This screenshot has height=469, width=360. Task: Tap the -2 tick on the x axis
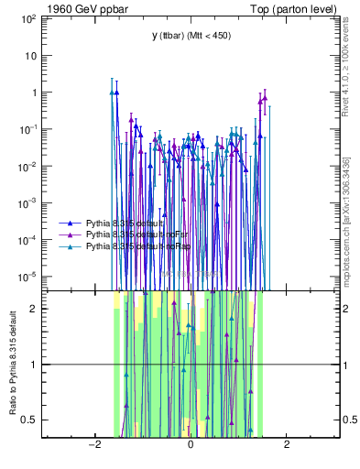(x=93, y=445)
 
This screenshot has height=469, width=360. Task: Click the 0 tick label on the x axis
(x=190, y=445)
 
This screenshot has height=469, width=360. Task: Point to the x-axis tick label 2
(x=287, y=445)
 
